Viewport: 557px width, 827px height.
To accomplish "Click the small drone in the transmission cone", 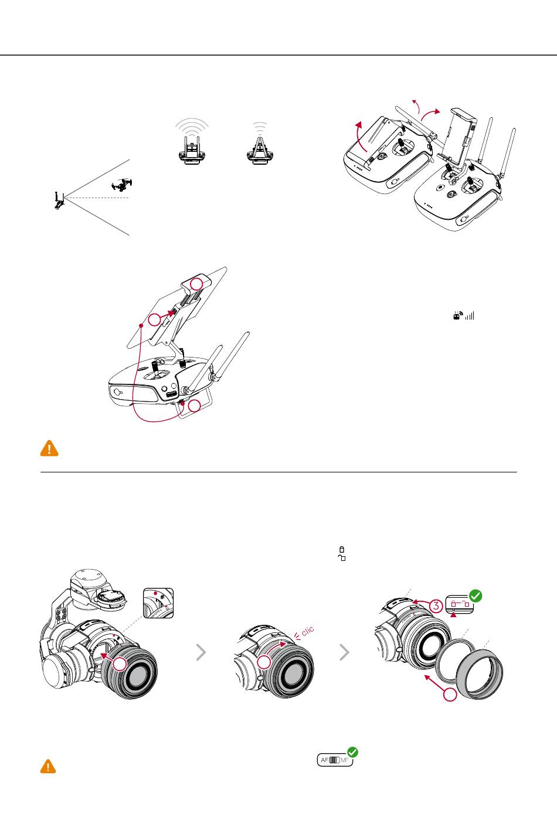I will [x=122, y=185].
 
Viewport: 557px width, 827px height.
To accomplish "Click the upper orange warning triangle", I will [x=49, y=448].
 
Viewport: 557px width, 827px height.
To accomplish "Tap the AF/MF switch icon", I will [x=335, y=760].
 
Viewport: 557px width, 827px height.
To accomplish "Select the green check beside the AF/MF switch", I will [x=353, y=753].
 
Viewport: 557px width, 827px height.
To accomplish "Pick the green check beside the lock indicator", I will [x=476, y=597].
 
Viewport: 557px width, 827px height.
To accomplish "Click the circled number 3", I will [x=434, y=607].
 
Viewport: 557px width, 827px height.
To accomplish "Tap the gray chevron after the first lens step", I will [x=201, y=652].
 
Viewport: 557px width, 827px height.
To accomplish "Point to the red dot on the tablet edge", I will [x=141, y=324].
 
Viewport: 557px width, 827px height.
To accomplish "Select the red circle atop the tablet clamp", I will [x=200, y=284].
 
